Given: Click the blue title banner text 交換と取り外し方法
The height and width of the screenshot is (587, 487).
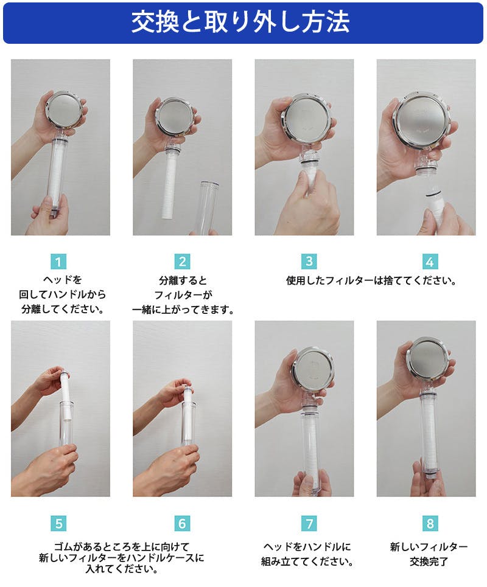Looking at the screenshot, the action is click(x=240, y=23).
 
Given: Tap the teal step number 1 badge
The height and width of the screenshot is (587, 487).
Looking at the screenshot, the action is click(x=58, y=262).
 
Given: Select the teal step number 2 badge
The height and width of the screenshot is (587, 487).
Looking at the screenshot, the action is click(x=182, y=262).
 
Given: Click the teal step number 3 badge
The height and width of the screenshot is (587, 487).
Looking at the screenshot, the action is click(x=309, y=262).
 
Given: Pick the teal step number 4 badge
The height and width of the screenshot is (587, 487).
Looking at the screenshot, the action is click(x=430, y=262).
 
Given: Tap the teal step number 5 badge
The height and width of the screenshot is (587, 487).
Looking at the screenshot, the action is click(x=58, y=523).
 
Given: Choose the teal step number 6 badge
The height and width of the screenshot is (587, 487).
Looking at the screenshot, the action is click(x=182, y=523).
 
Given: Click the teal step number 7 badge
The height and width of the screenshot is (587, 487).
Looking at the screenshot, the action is click(x=309, y=523).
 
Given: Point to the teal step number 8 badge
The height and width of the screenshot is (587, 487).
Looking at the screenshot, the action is click(x=430, y=523).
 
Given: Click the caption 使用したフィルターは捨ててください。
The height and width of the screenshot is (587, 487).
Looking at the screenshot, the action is click(x=371, y=280).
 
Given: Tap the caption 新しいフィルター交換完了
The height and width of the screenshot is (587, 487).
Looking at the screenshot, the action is click(x=429, y=554).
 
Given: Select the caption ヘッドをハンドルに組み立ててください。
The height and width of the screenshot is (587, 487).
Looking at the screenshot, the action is click(x=307, y=554).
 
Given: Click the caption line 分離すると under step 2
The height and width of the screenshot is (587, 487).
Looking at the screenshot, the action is click(x=183, y=280).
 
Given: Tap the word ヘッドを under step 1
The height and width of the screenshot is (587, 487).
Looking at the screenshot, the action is click(x=62, y=280).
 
